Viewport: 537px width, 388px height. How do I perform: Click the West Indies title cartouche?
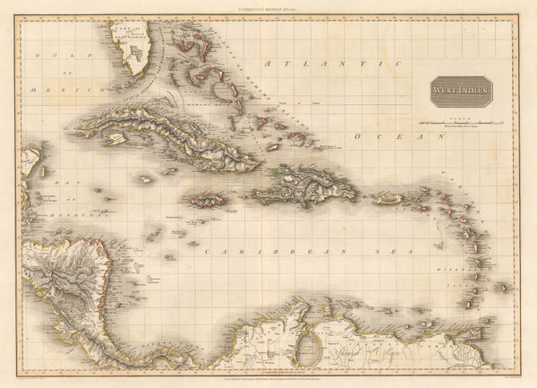coord(458,91)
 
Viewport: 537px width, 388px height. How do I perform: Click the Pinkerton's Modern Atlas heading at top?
coord(268,7)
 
